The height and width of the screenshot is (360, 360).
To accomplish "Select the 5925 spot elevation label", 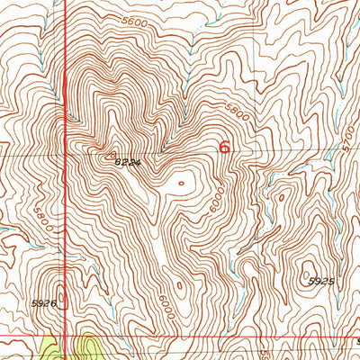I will pyautogui.click(x=320, y=282).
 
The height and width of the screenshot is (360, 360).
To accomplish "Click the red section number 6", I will pyautogui.click(x=224, y=146).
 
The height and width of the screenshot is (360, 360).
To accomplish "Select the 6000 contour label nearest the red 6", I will pyautogui.click(x=218, y=197).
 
